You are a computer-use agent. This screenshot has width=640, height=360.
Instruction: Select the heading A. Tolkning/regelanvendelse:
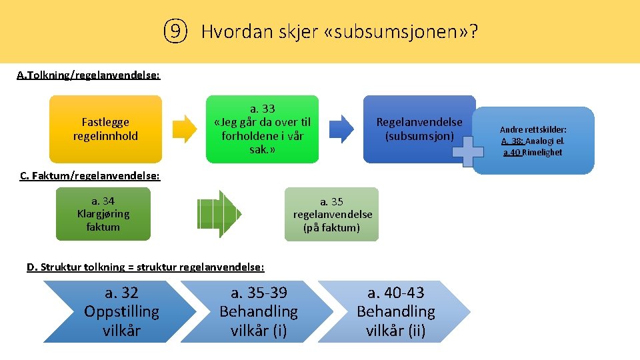[88, 75]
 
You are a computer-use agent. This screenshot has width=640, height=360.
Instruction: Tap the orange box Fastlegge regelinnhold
[105, 129]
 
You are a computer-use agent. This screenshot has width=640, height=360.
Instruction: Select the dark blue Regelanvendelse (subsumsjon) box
[419, 129]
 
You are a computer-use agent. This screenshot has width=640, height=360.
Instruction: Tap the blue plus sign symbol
[467, 151]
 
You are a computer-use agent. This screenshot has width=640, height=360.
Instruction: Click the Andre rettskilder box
[533, 141]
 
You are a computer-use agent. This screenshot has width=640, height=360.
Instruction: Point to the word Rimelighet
[542, 152]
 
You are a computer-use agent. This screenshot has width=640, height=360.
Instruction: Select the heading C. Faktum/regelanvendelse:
[90, 175]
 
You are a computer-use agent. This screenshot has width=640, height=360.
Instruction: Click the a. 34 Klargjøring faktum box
[103, 213]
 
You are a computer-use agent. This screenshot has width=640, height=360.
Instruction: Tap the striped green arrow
[219, 214]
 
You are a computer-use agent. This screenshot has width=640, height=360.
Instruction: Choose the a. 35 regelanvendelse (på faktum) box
[331, 214]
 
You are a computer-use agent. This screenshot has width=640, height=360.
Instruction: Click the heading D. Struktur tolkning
[145, 267]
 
